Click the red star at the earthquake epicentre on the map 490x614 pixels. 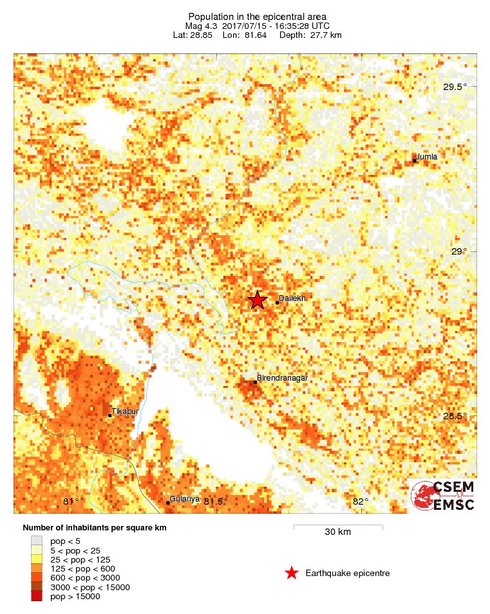[x=258, y=300]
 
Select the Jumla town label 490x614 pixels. [x=427, y=156]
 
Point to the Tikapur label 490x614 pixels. [x=125, y=411]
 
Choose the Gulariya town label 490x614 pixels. [x=185, y=499]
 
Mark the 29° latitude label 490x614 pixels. [x=458, y=251]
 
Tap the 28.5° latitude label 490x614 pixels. [x=455, y=416]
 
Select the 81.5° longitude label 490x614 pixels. [x=216, y=501]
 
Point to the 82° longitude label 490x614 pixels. [x=361, y=501]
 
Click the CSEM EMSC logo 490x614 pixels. [x=443, y=495]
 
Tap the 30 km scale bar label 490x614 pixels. [x=337, y=532]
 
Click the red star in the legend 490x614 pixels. [x=292, y=573]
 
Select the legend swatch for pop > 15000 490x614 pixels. [x=37, y=596]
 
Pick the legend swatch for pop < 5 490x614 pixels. [x=37, y=541]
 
